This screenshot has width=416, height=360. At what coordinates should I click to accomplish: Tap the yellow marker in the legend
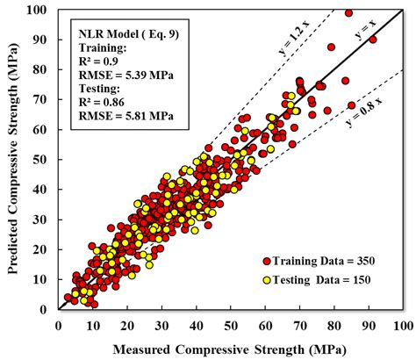[267, 279]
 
